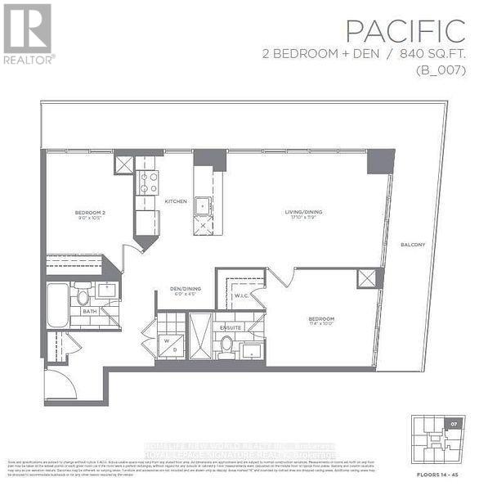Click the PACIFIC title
tap(405, 31)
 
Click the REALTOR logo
tap(29, 34)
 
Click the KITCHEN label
tap(176, 201)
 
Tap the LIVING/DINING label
tap(303, 213)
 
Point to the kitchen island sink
tap(204, 206)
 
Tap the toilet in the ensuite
tap(226, 343)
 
